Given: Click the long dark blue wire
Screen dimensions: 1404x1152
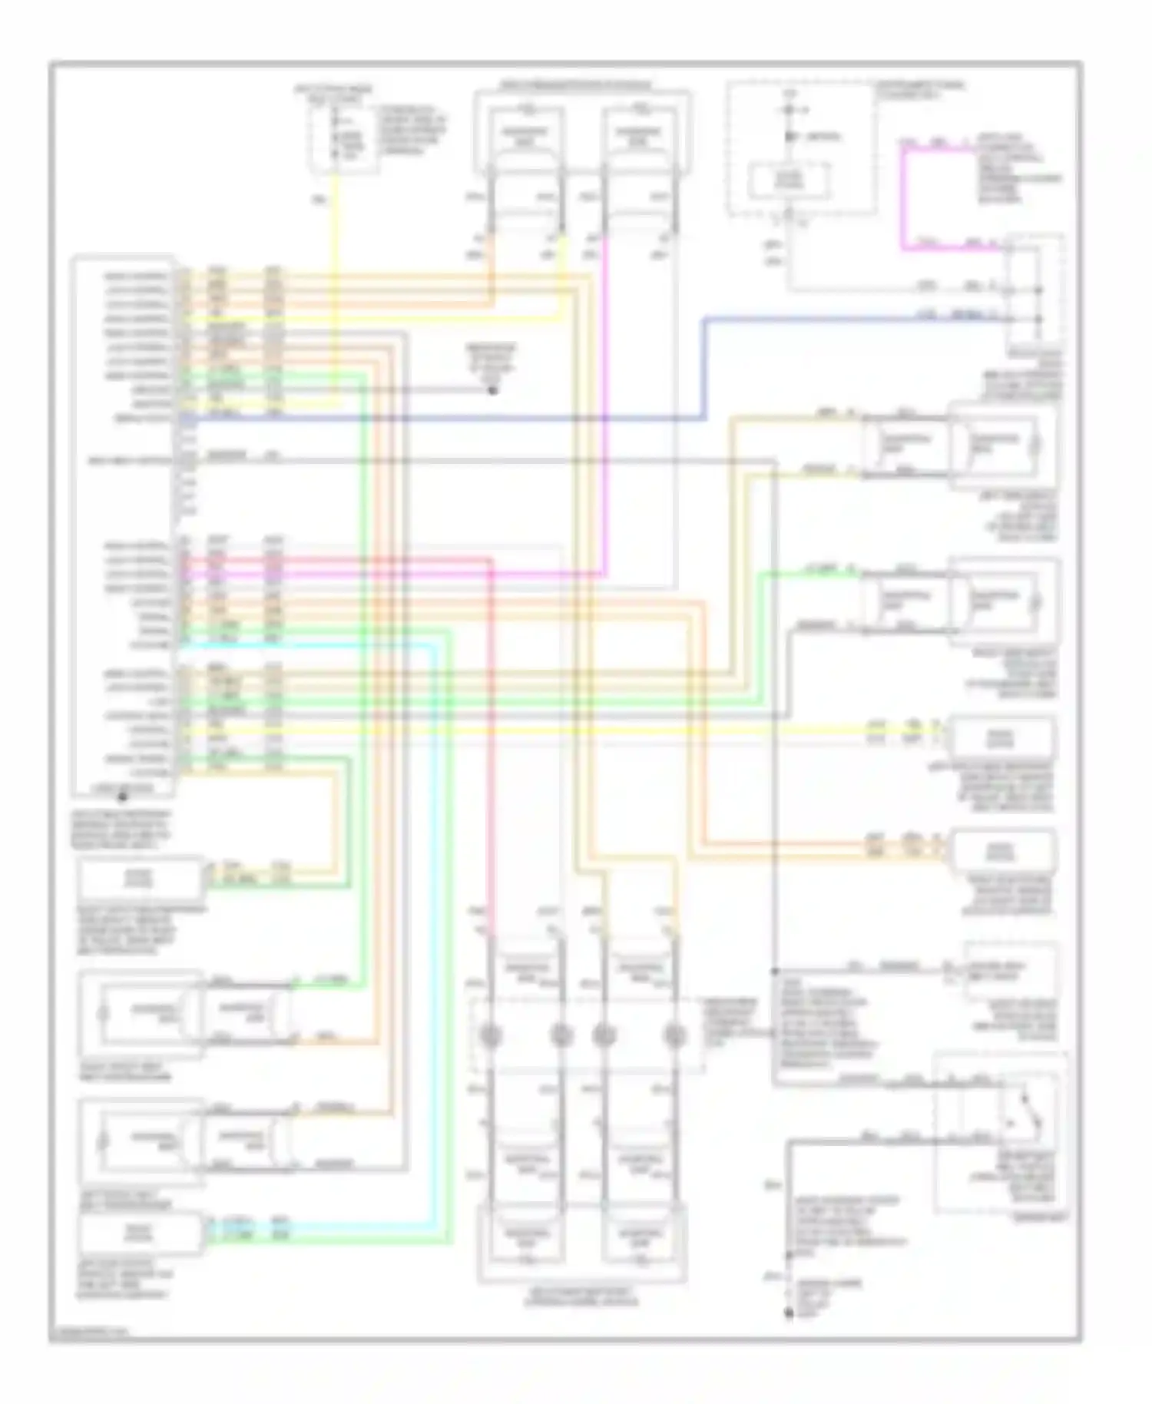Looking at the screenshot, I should (x=461, y=419).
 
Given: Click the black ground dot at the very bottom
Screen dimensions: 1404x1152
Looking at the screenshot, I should (x=789, y=1313).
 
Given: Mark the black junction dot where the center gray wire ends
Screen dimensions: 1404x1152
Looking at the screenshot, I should (x=493, y=390).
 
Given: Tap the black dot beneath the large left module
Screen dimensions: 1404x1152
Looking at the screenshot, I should (x=122, y=796).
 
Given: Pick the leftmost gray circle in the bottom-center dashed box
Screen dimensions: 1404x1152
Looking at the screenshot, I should (x=491, y=1036).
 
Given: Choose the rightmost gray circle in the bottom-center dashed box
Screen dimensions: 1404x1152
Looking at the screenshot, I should (x=674, y=1036).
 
